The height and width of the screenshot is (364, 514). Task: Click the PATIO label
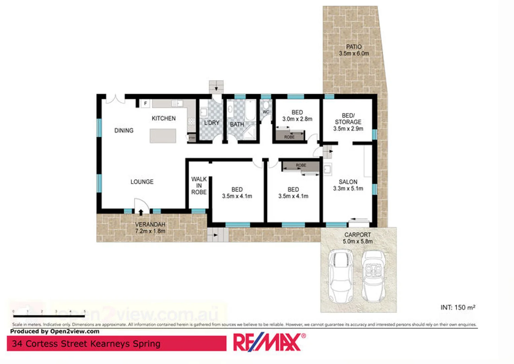354,47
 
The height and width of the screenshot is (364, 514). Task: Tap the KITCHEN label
164,118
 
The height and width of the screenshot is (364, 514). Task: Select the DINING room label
124,130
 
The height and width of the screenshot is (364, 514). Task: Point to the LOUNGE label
142,182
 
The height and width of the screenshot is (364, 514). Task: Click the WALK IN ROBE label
199,185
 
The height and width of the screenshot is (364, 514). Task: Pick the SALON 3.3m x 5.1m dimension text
348,189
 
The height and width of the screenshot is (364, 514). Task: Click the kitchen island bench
163,136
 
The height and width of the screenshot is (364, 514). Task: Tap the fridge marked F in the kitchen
145,103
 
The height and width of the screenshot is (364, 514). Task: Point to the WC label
266,112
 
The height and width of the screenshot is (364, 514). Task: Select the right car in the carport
373,276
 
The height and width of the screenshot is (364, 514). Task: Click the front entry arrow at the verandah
141,212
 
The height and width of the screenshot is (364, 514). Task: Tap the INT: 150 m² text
458,307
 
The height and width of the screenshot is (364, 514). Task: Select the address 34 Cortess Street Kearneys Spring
86,344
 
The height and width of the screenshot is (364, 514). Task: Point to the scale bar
49,316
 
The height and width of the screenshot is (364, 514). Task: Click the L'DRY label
211,123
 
